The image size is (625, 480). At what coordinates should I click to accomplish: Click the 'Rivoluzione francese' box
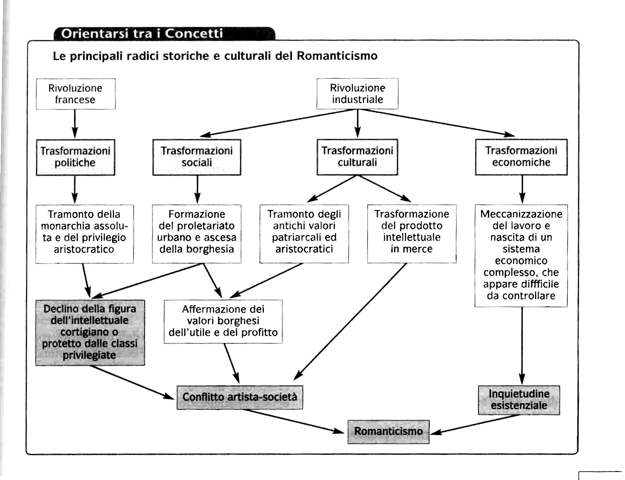tap(76, 94)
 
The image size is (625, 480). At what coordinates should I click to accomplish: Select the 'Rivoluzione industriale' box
tap(357, 94)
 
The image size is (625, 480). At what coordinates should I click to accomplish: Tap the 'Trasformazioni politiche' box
tap(75, 157)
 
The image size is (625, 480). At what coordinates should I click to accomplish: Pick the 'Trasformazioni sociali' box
tap(197, 157)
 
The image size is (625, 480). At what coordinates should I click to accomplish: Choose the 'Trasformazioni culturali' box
tap(357, 157)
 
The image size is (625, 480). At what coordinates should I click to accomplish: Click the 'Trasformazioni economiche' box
tap(521, 157)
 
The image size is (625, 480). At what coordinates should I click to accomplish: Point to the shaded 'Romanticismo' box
tap(388, 432)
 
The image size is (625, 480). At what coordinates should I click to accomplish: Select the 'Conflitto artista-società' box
tap(240, 397)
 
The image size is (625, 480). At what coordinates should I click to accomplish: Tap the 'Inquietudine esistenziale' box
tap(519, 400)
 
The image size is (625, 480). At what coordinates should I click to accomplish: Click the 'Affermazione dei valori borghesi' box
tap(223, 321)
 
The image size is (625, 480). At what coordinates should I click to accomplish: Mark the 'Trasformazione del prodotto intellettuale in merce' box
tap(412, 234)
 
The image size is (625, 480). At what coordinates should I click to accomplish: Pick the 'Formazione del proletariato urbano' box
tap(197, 234)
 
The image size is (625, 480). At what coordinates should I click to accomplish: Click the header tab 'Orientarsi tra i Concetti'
tap(165, 33)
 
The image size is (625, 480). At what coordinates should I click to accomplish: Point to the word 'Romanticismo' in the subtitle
tap(337, 56)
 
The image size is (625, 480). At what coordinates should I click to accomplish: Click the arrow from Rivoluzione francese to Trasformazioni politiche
tap(75, 124)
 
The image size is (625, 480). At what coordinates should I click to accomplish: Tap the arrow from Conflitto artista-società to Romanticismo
tap(293, 421)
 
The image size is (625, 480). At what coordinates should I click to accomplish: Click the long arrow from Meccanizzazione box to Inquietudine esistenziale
tap(522, 346)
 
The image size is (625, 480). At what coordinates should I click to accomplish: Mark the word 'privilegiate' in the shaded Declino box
tap(89, 355)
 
